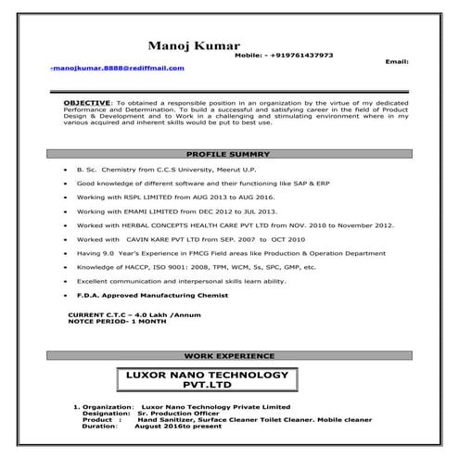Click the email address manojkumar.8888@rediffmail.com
click(x=118, y=68)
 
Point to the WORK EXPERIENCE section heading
click(x=229, y=355)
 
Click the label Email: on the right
click(x=396, y=61)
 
